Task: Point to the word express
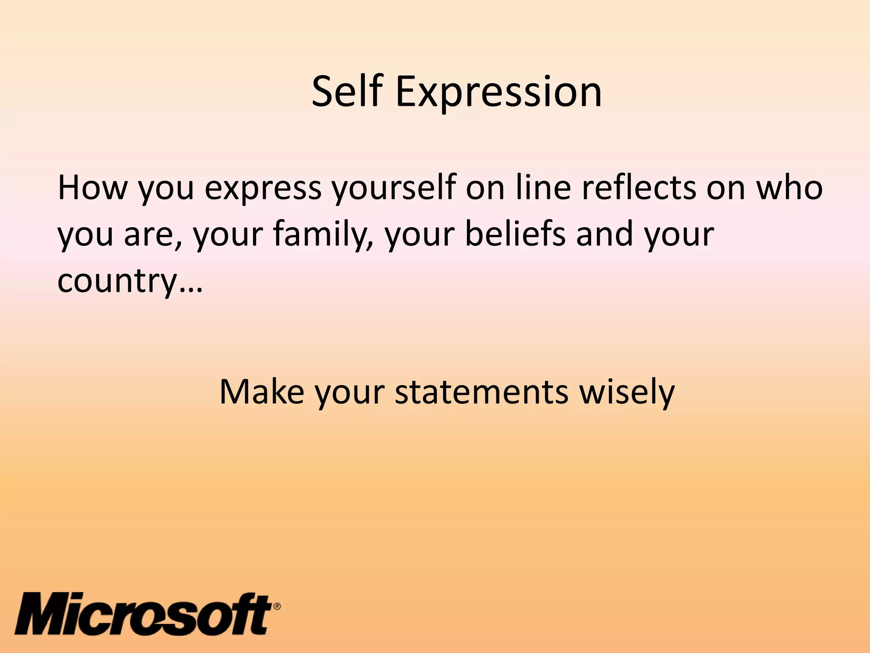pos(263,187)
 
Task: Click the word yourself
pos(393,187)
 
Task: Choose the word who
pos(790,187)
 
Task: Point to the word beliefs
pos(515,234)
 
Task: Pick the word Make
pos(262,392)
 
